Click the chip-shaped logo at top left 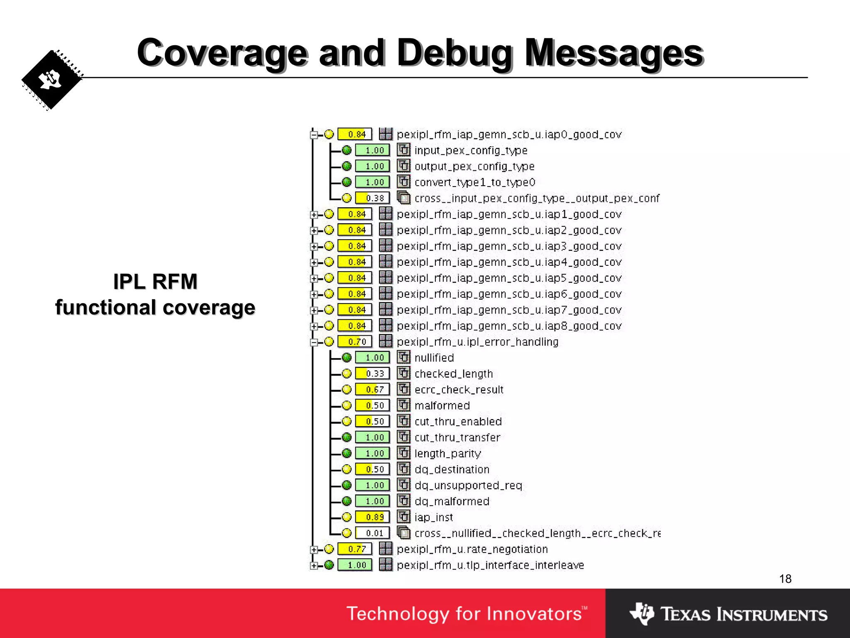tap(52, 80)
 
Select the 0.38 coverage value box tap(372, 198)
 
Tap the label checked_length tap(454, 374)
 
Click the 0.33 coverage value tap(372, 374)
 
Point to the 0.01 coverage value tap(372, 533)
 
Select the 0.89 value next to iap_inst tap(372, 517)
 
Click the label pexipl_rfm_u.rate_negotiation tap(472, 549)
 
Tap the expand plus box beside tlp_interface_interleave tap(314, 566)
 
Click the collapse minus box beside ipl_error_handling tap(314, 342)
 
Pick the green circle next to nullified tap(347, 358)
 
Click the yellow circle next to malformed tap(347, 405)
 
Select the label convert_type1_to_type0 tap(475, 182)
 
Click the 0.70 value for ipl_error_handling tap(355, 342)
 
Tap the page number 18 tap(785, 579)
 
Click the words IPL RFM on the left tap(155, 282)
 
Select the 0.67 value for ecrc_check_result tap(372, 390)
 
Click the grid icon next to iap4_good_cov tap(386, 262)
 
